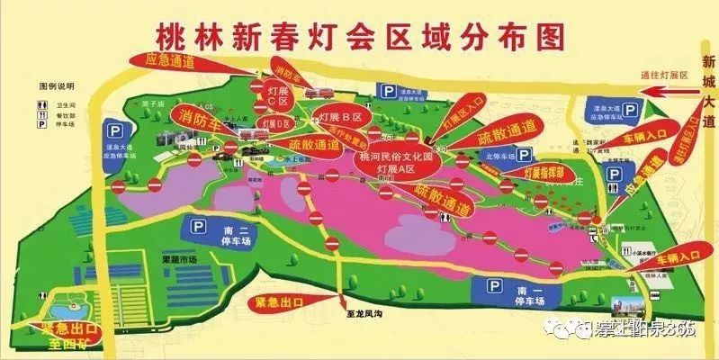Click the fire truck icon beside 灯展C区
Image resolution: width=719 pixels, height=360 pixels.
click(x=316, y=94)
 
